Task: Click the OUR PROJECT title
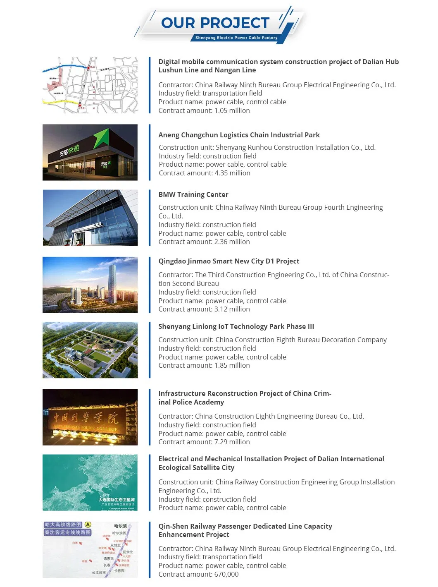coord(215,23)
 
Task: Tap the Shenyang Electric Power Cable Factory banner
coord(236,38)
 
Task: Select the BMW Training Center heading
coord(193,194)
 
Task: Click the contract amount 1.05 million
coord(204,110)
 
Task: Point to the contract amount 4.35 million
coord(205,173)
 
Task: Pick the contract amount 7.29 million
coord(204,442)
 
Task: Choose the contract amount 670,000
coord(198,574)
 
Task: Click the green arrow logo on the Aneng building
coord(101,138)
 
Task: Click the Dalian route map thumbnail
coord(90,85)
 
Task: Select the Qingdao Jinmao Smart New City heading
coord(229,261)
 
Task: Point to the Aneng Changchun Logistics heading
coord(239,135)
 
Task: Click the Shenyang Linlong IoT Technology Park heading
coord(236,326)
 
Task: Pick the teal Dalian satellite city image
coord(90,482)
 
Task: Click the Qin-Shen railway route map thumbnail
coord(90,550)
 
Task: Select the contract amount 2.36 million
coord(204,242)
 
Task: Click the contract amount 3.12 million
coord(204,309)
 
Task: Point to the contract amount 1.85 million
coord(204,365)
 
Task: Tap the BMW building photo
coord(90,218)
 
